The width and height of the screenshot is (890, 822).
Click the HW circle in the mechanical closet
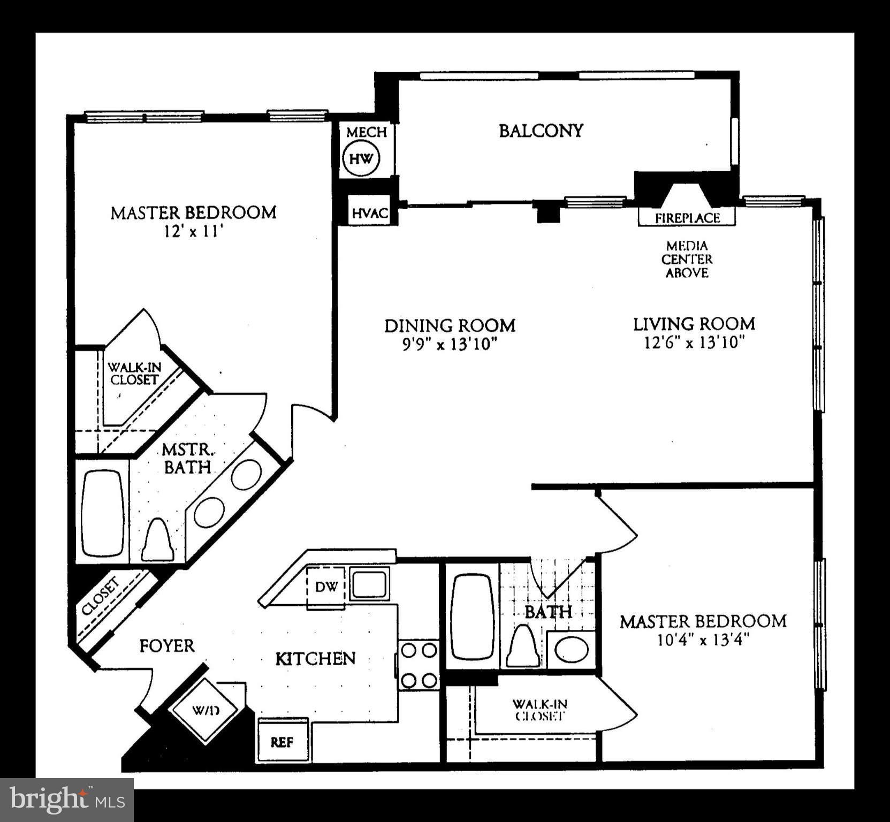tap(361, 158)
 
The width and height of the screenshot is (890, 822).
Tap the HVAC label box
tap(369, 213)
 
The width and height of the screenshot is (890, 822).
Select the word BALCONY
tap(541, 131)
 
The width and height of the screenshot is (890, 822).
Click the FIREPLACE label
tap(687, 218)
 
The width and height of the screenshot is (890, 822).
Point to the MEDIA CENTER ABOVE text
tap(687, 260)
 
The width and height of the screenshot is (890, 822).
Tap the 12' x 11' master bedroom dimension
tap(193, 232)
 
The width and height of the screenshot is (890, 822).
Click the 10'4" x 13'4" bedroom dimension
tap(703, 640)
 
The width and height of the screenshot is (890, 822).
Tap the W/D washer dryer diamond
tap(206, 711)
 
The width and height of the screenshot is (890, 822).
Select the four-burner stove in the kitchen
tap(419, 665)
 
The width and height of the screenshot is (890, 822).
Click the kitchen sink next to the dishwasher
tap(369, 584)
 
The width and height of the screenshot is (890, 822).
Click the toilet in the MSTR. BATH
tap(157, 541)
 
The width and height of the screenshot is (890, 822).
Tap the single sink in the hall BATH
tap(572, 650)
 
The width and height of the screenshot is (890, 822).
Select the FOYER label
tap(166, 646)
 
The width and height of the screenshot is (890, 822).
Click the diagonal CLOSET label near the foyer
tap(101, 597)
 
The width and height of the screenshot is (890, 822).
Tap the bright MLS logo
tap(67, 800)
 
